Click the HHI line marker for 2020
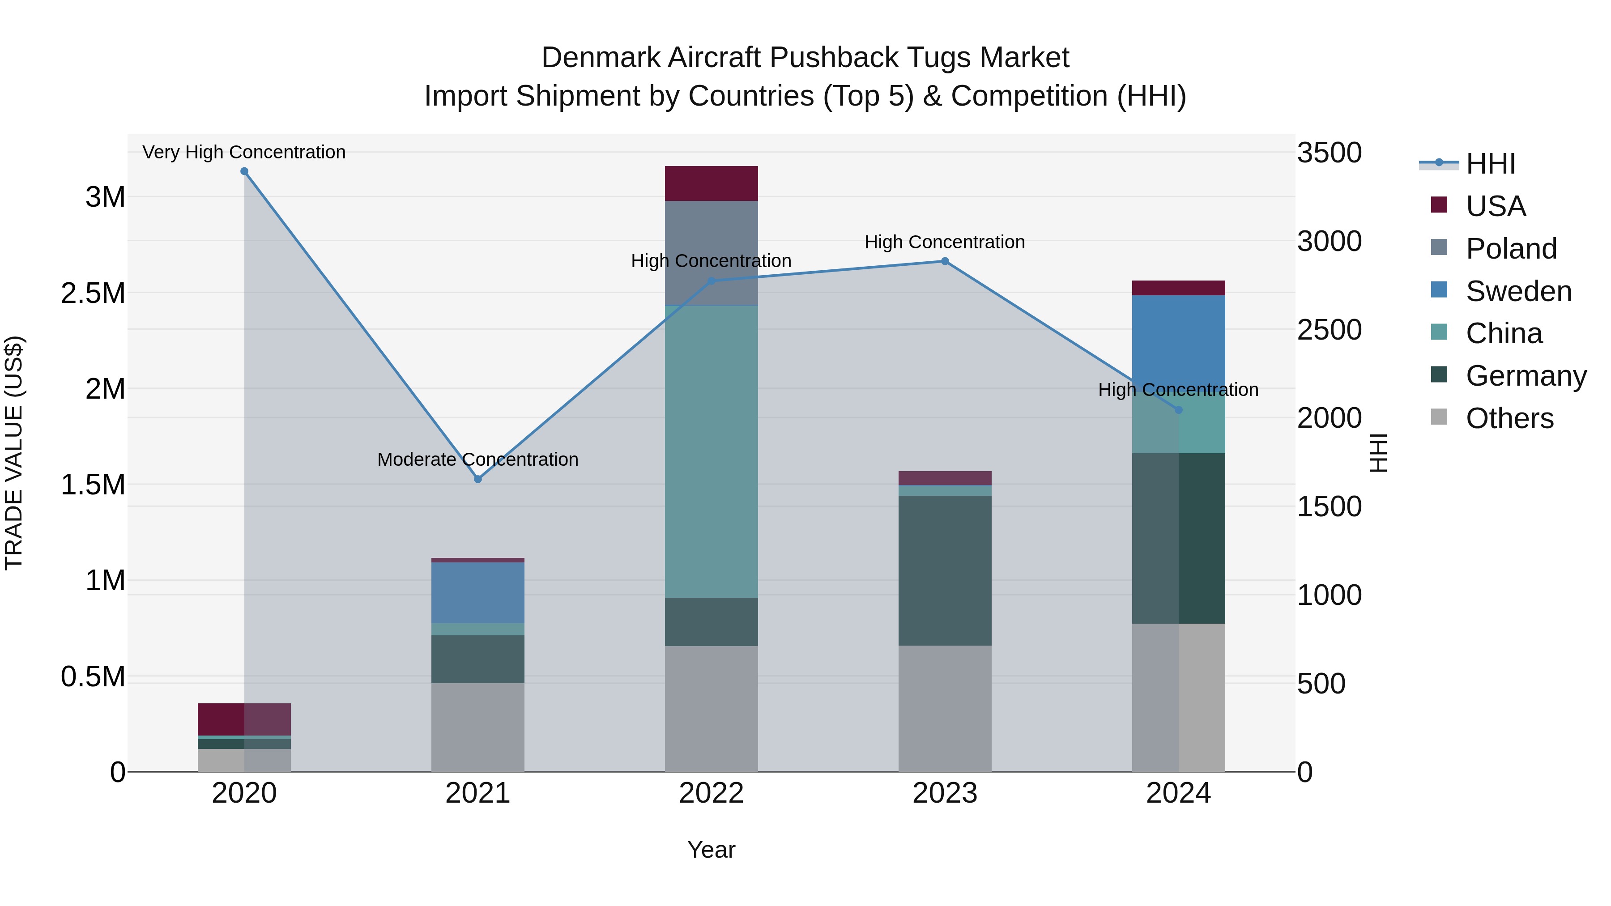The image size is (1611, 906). point(244,171)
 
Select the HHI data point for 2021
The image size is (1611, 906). point(478,479)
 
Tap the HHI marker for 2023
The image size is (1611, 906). point(945,261)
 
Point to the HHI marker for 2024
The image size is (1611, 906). point(1178,410)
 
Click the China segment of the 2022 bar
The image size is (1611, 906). point(711,450)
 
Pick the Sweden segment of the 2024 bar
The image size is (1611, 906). point(1178,338)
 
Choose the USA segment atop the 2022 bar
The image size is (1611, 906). point(711,183)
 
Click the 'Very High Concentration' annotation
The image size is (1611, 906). point(244,152)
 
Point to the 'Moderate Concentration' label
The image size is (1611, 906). point(478,459)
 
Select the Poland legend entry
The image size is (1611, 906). point(1511,249)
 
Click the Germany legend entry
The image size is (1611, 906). point(1526,376)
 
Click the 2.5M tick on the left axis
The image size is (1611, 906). point(93,293)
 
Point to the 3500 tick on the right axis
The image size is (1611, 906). point(1329,153)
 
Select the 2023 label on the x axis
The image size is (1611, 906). point(945,793)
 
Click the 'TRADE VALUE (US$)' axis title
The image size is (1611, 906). point(14,453)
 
